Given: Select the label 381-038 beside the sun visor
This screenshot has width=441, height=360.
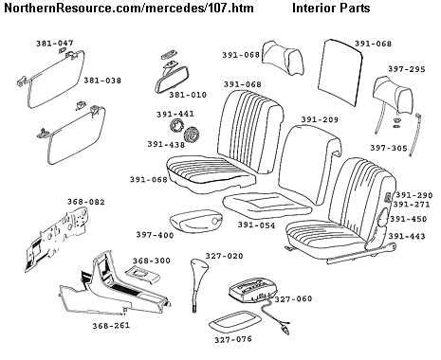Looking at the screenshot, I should coord(102,80).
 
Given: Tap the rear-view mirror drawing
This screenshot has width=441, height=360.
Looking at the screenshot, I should coord(167,75).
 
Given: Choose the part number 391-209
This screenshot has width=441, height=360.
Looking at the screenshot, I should coord(320,120).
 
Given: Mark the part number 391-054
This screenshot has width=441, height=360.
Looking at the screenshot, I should coord(256,225).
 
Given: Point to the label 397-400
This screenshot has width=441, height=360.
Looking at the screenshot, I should coord(155,234).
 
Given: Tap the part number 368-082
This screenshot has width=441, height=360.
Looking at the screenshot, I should coord(60,201).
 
